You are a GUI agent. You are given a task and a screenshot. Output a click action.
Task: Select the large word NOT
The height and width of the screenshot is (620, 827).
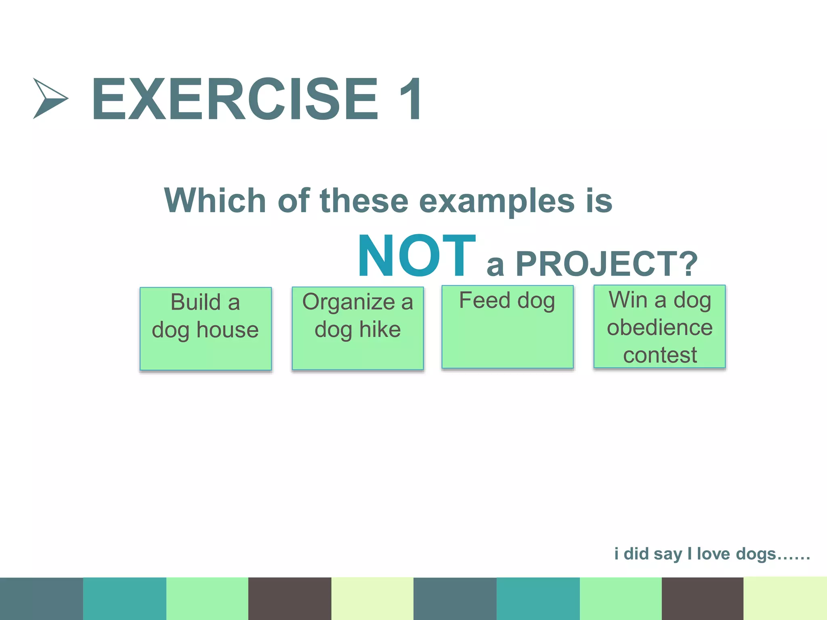(416, 256)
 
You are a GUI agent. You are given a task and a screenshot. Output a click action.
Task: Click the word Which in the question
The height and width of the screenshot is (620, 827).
(214, 201)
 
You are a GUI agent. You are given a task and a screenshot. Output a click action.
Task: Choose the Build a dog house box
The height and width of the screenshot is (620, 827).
(206, 329)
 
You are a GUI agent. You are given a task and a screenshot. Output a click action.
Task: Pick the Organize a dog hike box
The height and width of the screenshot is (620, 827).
(357, 328)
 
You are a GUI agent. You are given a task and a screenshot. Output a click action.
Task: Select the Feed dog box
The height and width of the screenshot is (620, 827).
(507, 327)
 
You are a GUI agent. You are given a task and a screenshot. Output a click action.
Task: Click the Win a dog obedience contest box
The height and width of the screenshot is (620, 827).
(659, 327)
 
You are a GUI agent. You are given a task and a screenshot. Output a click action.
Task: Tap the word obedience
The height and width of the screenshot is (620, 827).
(659, 327)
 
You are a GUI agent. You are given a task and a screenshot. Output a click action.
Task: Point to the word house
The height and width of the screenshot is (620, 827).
(227, 330)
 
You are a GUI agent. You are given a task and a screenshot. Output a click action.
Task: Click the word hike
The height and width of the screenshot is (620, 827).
(380, 329)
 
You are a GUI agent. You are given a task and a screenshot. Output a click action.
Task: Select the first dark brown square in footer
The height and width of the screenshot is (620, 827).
(290, 598)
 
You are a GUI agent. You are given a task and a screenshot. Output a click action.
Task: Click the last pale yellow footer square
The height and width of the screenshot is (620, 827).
(785, 598)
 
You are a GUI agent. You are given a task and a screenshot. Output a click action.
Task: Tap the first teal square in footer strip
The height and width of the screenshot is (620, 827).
(124, 598)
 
